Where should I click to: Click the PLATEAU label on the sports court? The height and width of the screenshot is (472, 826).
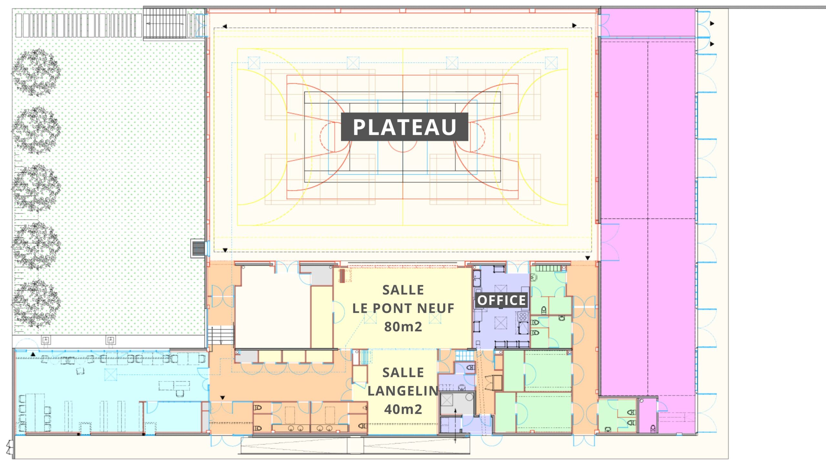click(405, 127)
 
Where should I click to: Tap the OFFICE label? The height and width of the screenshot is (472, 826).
click(501, 300)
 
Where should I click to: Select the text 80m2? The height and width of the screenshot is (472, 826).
click(403, 326)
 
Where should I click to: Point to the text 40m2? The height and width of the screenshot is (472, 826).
click(403, 409)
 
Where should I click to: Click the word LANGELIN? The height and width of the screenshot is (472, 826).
click(403, 391)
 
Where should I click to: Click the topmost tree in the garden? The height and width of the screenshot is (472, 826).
click(36, 73)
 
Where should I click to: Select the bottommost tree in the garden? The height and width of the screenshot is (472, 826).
click(36, 304)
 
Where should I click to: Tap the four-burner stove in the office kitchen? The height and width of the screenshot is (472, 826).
click(523, 316)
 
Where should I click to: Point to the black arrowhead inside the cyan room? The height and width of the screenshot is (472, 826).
click(33, 354)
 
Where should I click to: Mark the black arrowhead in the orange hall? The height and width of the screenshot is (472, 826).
click(222, 397)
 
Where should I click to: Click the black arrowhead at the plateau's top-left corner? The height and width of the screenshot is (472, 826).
click(225, 26)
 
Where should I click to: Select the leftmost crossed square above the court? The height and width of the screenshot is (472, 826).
click(254, 63)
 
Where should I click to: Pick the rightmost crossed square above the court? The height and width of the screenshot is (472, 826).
click(551, 63)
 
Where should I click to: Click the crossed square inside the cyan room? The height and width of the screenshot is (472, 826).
click(111, 375)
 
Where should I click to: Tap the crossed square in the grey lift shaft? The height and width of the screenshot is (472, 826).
click(447, 400)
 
